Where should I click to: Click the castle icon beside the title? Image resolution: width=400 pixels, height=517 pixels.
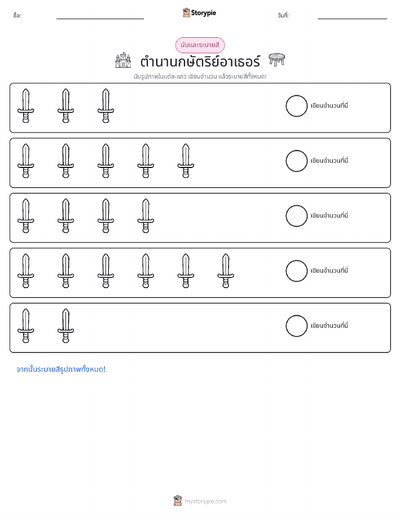(x=123, y=60)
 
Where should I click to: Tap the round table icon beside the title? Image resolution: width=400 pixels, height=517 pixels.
(x=276, y=59)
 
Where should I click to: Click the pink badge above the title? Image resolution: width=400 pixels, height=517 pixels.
(x=200, y=45)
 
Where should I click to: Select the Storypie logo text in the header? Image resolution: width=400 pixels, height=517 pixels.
(x=203, y=13)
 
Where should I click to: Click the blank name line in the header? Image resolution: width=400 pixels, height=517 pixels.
(x=100, y=19)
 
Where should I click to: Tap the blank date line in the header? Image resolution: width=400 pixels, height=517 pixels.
(x=352, y=19)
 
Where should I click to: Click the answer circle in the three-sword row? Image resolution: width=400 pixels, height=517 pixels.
(x=296, y=106)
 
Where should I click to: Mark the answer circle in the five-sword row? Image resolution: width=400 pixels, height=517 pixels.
(x=296, y=161)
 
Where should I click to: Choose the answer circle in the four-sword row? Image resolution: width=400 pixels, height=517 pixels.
(x=296, y=216)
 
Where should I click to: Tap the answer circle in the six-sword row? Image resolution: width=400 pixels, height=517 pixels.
(x=296, y=271)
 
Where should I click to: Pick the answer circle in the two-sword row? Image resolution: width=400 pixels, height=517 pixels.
(x=296, y=326)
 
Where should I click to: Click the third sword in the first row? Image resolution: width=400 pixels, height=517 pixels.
(x=106, y=106)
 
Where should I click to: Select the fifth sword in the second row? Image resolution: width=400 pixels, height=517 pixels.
(x=186, y=161)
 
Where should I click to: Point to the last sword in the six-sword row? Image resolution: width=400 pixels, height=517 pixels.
(x=226, y=271)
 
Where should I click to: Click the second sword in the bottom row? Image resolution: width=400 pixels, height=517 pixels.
(x=65, y=326)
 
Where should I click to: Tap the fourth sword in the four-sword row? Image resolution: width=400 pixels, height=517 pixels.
(x=146, y=216)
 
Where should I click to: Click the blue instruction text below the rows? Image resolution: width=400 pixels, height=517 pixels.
(x=61, y=369)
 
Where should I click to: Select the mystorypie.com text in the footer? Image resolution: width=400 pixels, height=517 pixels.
(x=205, y=501)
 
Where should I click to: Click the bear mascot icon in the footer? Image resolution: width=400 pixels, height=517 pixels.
(x=178, y=501)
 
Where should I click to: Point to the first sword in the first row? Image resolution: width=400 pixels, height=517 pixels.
(x=26, y=106)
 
